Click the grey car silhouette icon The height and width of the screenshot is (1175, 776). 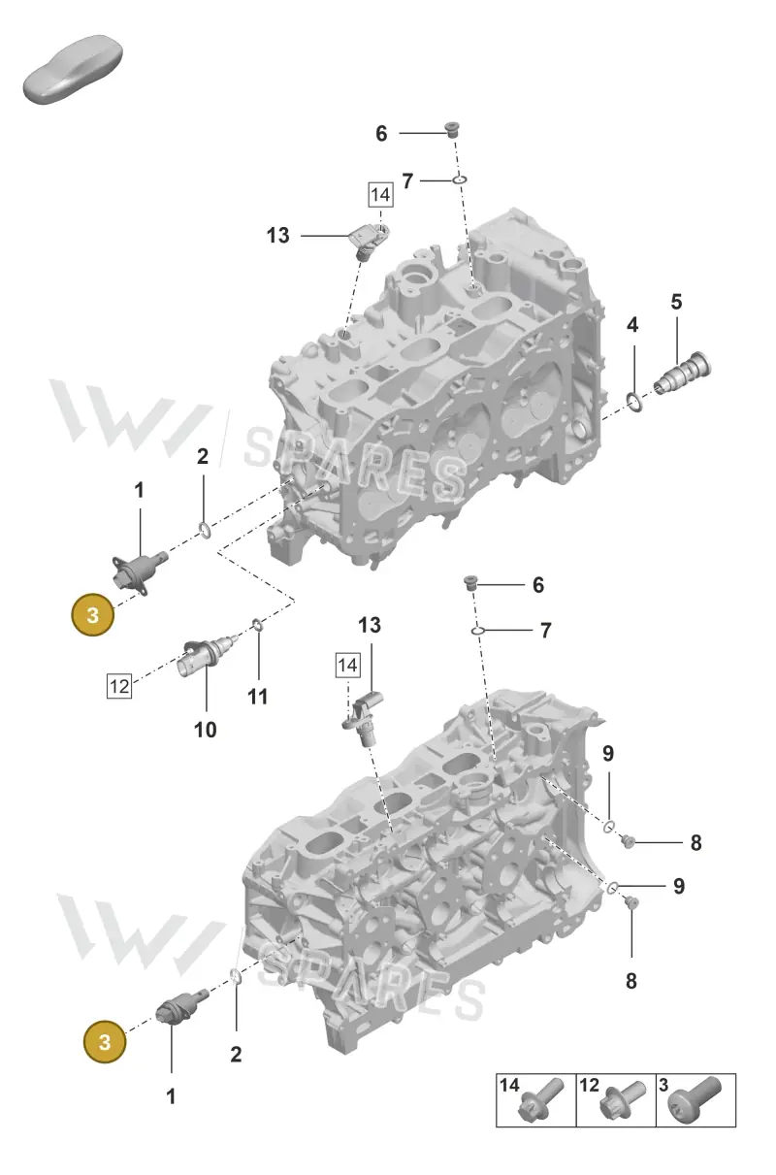click(73, 68)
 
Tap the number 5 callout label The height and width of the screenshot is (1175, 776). click(676, 302)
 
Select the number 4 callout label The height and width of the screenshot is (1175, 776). click(632, 325)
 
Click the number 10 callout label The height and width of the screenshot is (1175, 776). click(205, 730)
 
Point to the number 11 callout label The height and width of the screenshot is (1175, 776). click(257, 697)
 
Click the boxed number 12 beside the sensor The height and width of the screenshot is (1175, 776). click(119, 686)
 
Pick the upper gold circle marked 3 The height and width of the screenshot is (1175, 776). click(93, 615)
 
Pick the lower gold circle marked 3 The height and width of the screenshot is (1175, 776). click(105, 1042)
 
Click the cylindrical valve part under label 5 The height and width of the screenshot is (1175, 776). click(683, 374)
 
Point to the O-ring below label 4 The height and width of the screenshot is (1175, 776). click(634, 402)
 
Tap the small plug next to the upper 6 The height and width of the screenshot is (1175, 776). click(450, 129)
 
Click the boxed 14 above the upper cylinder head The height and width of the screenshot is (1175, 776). click(380, 195)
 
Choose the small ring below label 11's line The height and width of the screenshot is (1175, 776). click(257, 624)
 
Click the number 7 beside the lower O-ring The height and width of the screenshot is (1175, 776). click(546, 630)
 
